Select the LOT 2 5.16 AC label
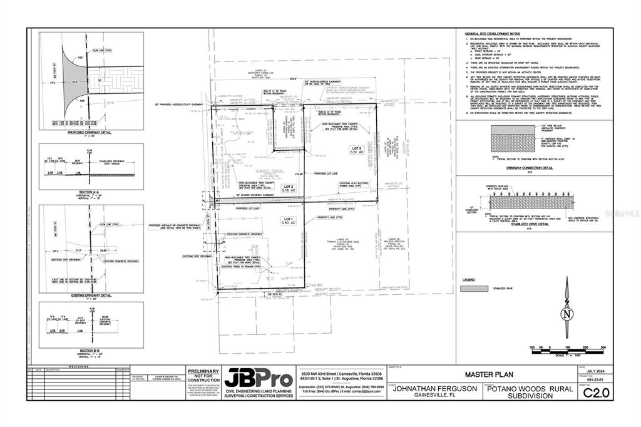(289, 187)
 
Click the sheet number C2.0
(595, 393)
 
